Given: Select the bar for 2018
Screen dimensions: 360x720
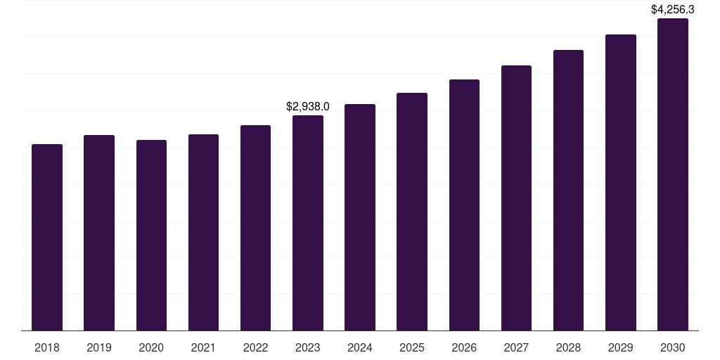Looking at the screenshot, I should pyautogui.click(x=47, y=237).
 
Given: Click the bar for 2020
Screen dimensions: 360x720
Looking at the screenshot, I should pyautogui.click(x=151, y=235).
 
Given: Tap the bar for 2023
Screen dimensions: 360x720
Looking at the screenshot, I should pyautogui.click(x=308, y=223).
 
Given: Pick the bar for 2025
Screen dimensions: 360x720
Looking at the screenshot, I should pyautogui.click(x=412, y=212).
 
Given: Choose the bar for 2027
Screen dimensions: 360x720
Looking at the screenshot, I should pyautogui.click(x=516, y=198).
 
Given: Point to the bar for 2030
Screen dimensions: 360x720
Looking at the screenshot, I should pyautogui.click(x=673, y=174).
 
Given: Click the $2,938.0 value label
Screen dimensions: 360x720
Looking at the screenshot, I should pyautogui.click(x=308, y=107).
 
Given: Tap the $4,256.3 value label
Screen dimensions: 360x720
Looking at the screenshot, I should pyautogui.click(x=673, y=10).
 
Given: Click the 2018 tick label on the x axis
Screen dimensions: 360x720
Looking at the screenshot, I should pyautogui.click(x=47, y=347).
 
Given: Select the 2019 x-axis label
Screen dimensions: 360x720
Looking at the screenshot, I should pyautogui.click(x=99, y=347).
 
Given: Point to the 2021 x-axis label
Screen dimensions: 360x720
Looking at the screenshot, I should pyautogui.click(x=203, y=347).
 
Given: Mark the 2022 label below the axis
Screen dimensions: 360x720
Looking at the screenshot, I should pyautogui.click(x=256, y=347).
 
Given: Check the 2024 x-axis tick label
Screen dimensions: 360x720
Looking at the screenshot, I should pyautogui.click(x=360, y=347).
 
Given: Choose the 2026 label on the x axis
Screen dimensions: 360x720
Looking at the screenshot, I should pyautogui.click(x=464, y=347).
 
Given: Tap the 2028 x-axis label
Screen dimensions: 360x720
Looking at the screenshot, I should pyautogui.click(x=568, y=347).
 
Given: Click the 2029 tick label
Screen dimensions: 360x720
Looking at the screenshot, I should pyautogui.click(x=621, y=347).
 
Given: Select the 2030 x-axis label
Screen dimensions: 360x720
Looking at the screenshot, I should pyautogui.click(x=673, y=347).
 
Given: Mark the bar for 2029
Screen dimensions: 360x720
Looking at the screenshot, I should pyautogui.click(x=621, y=182).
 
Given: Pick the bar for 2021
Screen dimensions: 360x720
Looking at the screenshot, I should pyautogui.click(x=203, y=232).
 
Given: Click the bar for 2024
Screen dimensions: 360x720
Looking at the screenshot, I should pyautogui.click(x=360, y=217).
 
